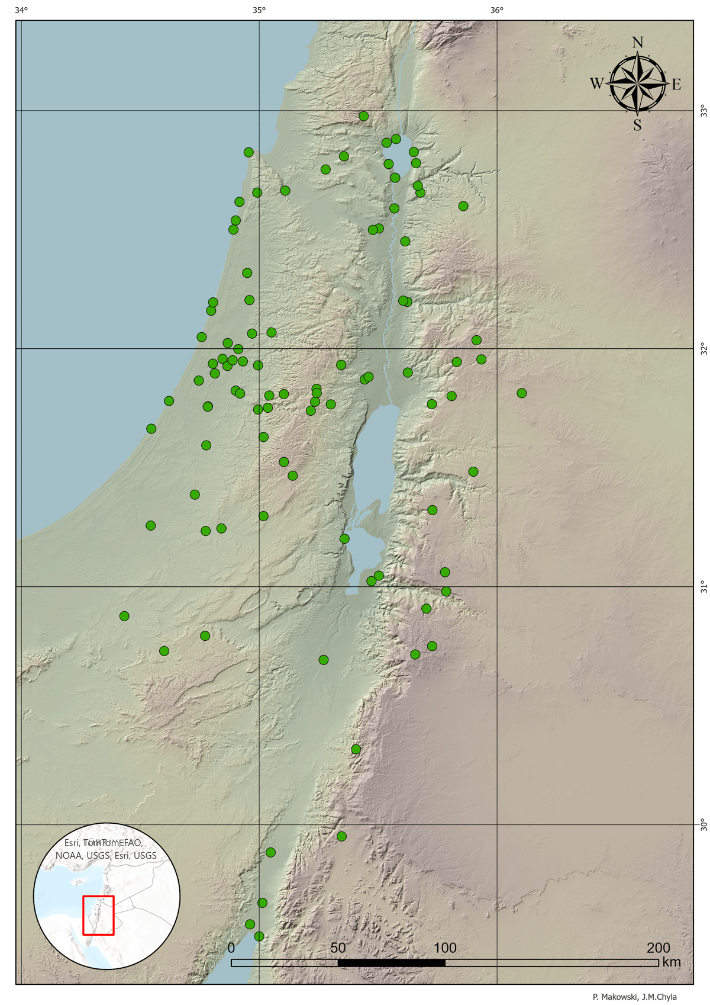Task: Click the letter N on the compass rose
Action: tap(637, 42)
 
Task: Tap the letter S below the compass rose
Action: tap(637, 125)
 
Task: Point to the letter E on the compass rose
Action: tap(676, 85)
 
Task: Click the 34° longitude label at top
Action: tap(21, 10)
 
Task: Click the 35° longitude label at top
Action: tap(259, 10)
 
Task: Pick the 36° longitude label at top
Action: tap(497, 10)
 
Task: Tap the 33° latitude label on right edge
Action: tap(703, 110)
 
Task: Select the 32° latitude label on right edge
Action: tap(703, 349)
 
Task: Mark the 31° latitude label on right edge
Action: tap(703, 586)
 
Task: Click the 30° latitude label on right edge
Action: tap(703, 824)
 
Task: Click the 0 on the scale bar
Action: tap(231, 948)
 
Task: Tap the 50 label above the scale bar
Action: tap(338, 948)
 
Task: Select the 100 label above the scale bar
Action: tap(445, 948)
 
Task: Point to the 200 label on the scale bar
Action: tap(659, 948)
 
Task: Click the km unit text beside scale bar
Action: tap(672, 962)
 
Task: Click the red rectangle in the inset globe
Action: tap(98, 915)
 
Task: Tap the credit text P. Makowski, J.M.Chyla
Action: tap(634, 997)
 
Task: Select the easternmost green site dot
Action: tap(521, 393)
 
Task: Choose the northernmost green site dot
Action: tap(364, 116)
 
